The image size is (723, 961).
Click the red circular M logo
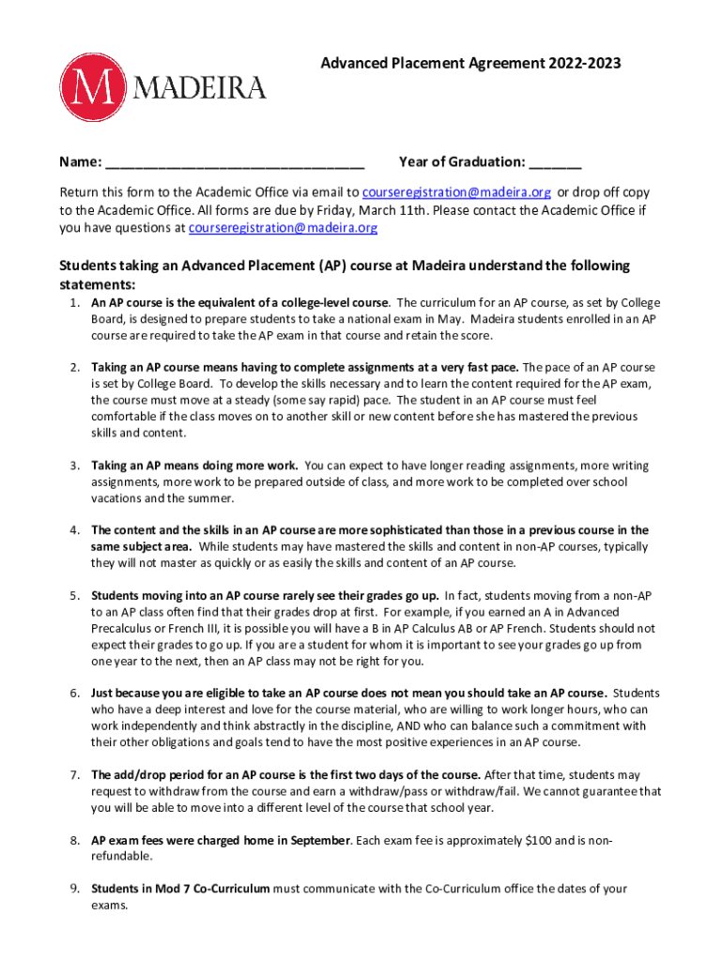pyautogui.click(x=93, y=87)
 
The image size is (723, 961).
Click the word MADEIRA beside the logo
pyautogui.click(x=201, y=87)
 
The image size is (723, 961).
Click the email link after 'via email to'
pyautogui.click(x=456, y=193)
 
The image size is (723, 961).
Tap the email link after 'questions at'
pyautogui.click(x=283, y=228)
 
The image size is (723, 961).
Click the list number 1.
pyautogui.click(x=73, y=303)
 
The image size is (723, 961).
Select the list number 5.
pyautogui.click(x=73, y=595)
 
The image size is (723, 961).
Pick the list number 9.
pyautogui.click(x=73, y=888)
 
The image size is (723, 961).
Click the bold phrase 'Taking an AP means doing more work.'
pyautogui.click(x=194, y=465)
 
